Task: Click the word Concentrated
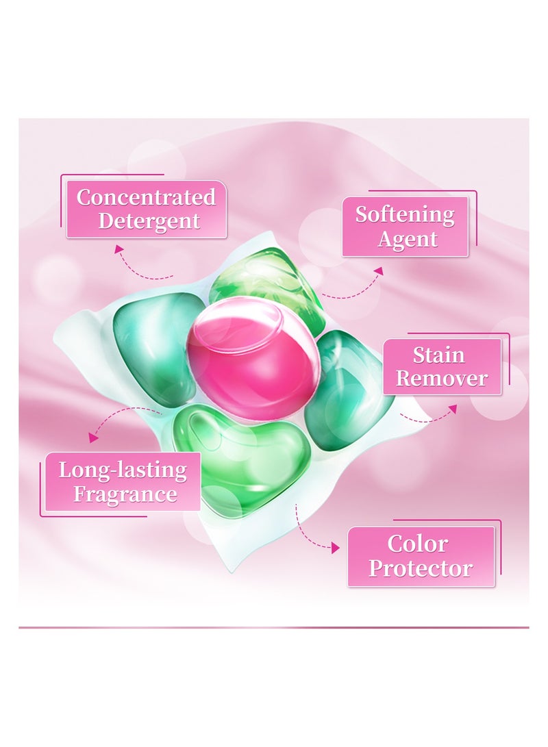(x=146, y=197)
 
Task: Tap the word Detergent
(x=149, y=222)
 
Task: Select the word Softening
(x=405, y=215)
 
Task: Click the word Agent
(x=408, y=239)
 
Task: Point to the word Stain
(x=438, y=355)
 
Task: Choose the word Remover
(x=442, y=378)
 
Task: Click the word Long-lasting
(x=123, y=470)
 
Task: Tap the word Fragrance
(x=125, y=494)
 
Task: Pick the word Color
(x=417, y=544)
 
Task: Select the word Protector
(x=421, y=568)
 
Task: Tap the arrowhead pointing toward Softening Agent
(x=378, y=271)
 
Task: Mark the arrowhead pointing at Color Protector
(x=336, y=548)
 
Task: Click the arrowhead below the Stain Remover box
(x=453, y=409)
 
